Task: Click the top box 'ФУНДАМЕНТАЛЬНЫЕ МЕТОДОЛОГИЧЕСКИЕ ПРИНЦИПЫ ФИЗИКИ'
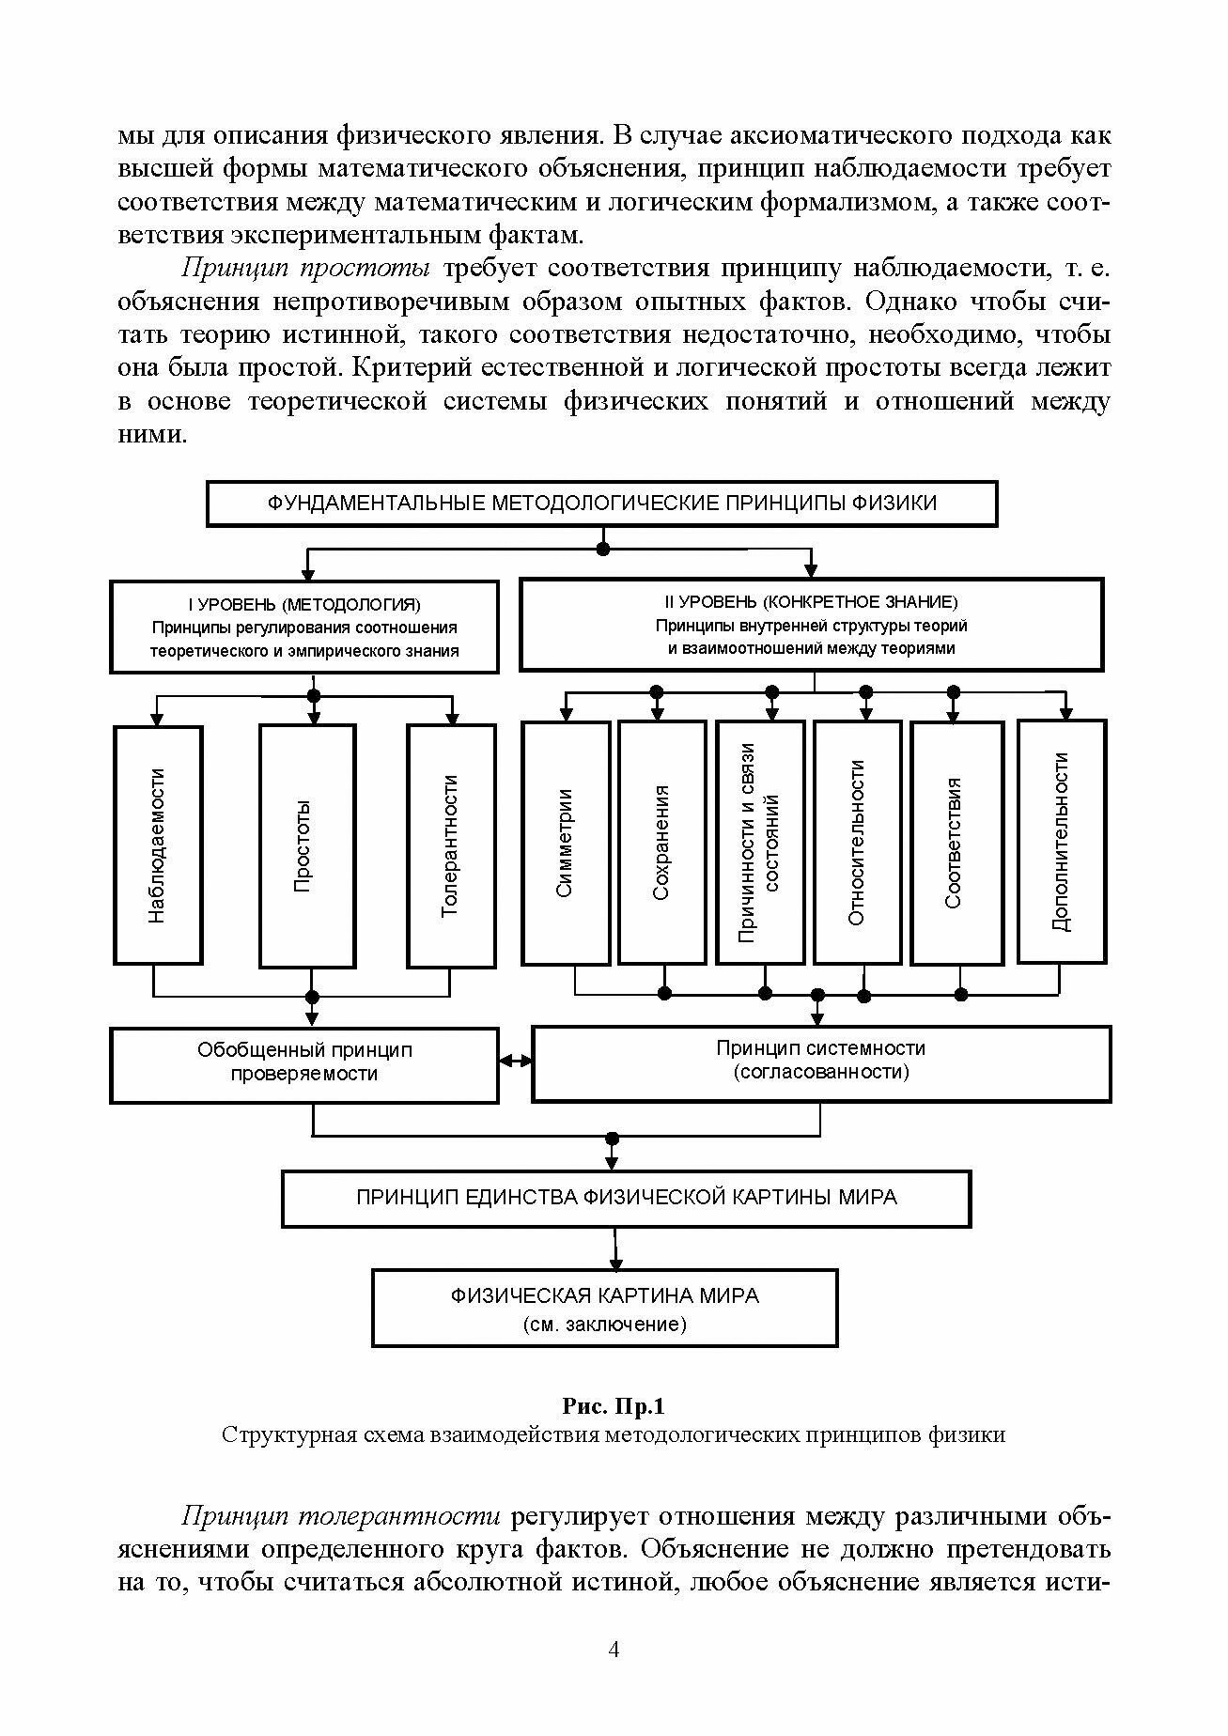pyautogui.click(x=601, y=504)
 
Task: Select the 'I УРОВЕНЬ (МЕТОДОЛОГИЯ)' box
pyautogui.click(x=304, y=627)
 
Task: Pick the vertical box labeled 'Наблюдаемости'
pyautogui.click(x=158, y=845)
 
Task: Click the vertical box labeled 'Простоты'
pyautogui.click(x=307, y=845)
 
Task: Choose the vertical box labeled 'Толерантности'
pyautogui.click(x=451, y=845)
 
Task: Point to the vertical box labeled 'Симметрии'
pyautogui.click(x=566, y=843)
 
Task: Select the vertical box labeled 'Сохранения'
pyautogui.click(x=661, y=843)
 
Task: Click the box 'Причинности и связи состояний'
pyautogui.click(x=760, y=843)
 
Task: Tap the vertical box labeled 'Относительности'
pyautogui.click(x=857, y=843)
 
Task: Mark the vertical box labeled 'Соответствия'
pyautogui.click(x=956, y=843)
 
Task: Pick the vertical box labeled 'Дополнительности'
pyautogui.click(x=1062, y=841)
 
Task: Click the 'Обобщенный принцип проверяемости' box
pyautogui.click(x=304, y=1064)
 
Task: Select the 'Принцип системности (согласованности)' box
pyautogui.click(x=821, y=1063)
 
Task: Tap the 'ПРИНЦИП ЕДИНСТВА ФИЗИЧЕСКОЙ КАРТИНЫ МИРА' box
pyautogui.click(x=626, y=1198)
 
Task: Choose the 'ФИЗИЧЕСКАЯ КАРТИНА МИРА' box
pyautogui.click(x=604, y=1309)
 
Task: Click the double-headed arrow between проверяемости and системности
pyautogui.click(x=515, y=1061)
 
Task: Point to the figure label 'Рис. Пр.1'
pyautogui.click(x=614, y=1406)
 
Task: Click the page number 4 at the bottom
pyautogui.click(x=614, y=1651)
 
